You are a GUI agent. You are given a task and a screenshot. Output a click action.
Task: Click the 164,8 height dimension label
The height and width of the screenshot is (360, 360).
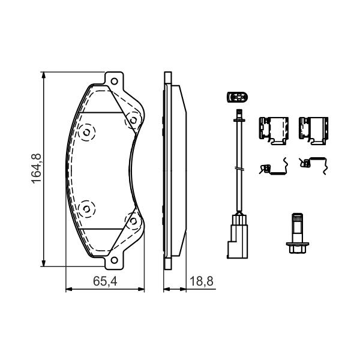pos(36,169)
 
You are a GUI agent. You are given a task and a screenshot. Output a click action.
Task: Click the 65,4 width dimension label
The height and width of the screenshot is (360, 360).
pos(105,281)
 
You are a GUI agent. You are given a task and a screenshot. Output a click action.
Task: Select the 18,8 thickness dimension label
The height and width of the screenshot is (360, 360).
pos(202,281)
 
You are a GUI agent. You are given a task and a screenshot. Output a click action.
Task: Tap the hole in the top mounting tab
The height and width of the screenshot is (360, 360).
pos(114,81)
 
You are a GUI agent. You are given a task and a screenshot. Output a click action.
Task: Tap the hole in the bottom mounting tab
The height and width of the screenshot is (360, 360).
pos(114,260)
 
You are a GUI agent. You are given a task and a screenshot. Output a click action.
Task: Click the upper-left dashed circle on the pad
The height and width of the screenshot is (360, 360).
pos(86,132)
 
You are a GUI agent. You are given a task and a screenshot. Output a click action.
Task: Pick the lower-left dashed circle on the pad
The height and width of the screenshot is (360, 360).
pos(86,209)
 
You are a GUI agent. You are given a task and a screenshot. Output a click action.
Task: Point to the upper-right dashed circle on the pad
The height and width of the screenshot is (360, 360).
pos(133,120)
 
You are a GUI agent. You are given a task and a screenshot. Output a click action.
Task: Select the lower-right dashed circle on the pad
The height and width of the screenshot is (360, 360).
pos(133,221)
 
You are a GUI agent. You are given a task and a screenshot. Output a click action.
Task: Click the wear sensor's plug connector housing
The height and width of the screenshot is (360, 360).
pos(238,236)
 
